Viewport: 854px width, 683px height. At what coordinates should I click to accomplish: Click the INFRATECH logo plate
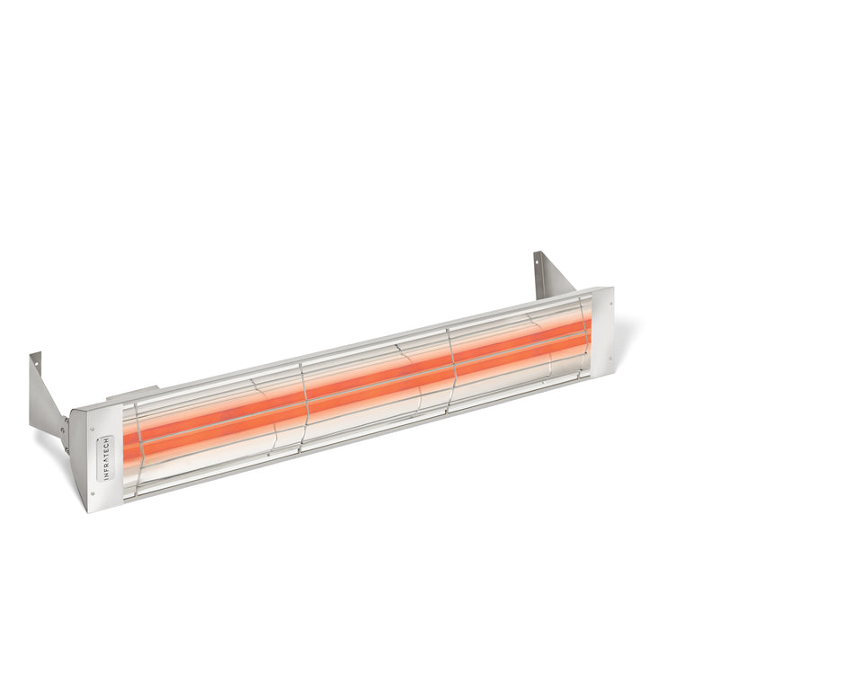(x=107, y=457)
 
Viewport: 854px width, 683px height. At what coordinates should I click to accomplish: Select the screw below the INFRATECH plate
(x=93, y=492)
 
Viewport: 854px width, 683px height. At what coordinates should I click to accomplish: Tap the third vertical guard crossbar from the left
(x=452, y=365)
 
